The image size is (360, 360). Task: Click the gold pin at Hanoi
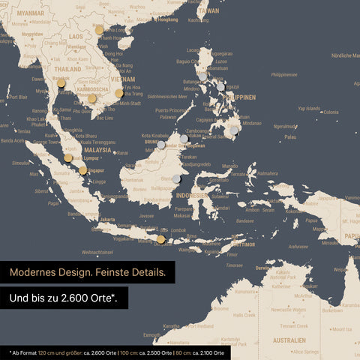click(99, 30)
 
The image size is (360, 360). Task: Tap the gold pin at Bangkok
click(61, 82)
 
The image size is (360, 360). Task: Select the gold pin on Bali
click(160, 239)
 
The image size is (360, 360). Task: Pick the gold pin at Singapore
click(83, 170)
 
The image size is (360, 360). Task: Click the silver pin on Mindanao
click(234, 130)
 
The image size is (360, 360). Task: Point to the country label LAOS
click(76, 35)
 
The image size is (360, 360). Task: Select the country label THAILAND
click(67, 69)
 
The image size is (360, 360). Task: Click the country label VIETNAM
click(123, 77)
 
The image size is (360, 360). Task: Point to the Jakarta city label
click(107, 220)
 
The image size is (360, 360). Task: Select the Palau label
click(290, 136)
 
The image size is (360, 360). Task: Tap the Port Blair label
click(17, 97)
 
